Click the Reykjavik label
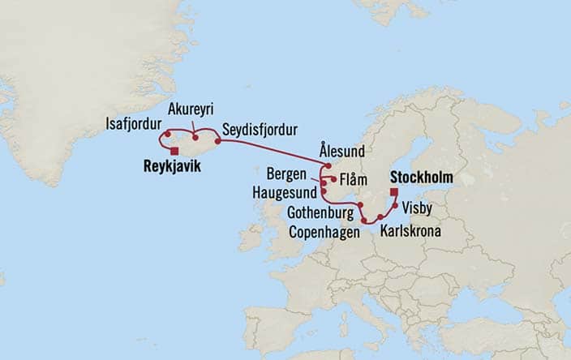pyautogui.click(x=170, y=167)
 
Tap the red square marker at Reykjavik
pyautogui.click(x=174, y=150)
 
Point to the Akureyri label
pyautogui.click(x=191, y=109)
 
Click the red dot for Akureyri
pyautogui.click(x=195, y=138)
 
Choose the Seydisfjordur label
pyautogui.click(x=260, y=129)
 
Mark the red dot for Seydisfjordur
pyautogui.click(x=217, y=141)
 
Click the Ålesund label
pyautogui.click(x=342, y=151)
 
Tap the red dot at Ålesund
pyautogui.click(x=328, y=165)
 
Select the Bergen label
pyautogui.click(x=290, y=174)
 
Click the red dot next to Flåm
pyautogui.click(x=334, y=178)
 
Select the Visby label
pyautogui.click(x=418, y=208)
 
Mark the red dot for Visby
pyautogui.click(x=395, y=206)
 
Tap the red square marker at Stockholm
pyautogui.click(x=393, y=192)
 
